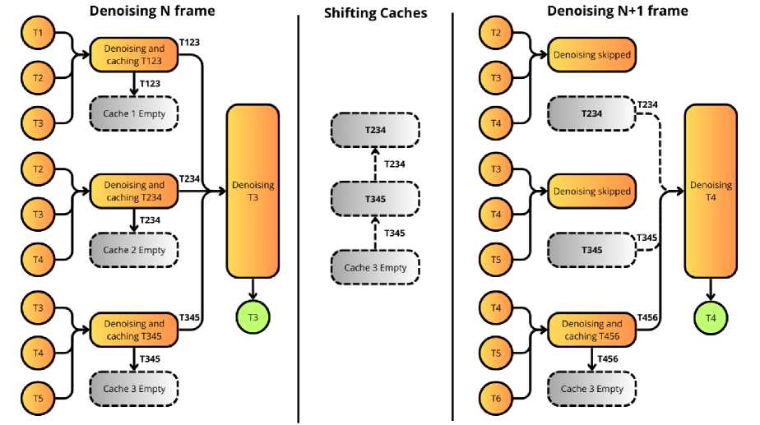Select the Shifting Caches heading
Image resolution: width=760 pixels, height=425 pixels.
pos(375,12)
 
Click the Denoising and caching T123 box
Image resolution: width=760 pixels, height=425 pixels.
pos(134,54)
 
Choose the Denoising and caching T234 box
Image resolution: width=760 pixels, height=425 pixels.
pos(134,192)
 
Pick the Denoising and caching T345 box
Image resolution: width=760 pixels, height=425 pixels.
pos(134,330)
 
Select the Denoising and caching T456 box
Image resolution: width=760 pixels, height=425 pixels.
pos(592,330)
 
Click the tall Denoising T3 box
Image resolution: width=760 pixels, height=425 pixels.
pos(253,191)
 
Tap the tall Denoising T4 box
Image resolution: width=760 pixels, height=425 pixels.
pos(711,191)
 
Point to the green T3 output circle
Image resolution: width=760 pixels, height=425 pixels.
pos(253,316)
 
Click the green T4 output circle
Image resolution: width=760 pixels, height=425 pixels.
pos(711,316)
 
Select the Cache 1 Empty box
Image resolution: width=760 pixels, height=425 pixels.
pos(134,113)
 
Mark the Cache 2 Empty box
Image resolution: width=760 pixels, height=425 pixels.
pos(134,250)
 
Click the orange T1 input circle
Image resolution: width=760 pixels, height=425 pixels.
pos(36,33)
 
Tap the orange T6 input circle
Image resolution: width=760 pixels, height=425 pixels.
pos(495,398)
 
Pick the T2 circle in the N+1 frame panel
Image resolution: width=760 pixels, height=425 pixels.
pos(495,33)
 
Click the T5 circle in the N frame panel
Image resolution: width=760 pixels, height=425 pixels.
pos(36,398)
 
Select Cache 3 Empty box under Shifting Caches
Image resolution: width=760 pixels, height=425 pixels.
pos(375,267)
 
